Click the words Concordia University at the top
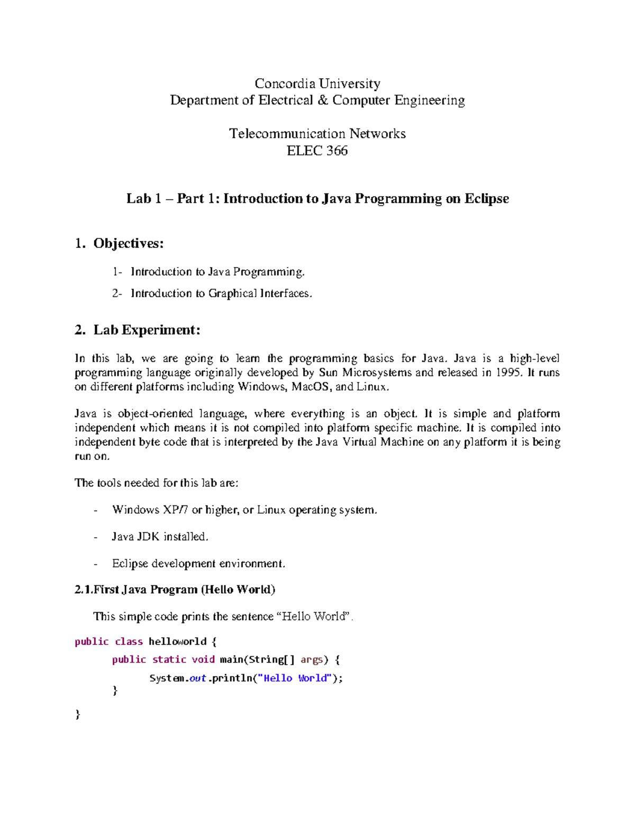[x=317, y=84]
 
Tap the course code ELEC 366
[x=317, y=151]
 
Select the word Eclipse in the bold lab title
[x=486, y=199]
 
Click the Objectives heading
[x=128, y=243]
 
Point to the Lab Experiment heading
[x=147, y=330]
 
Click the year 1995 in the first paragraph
[x=508, y=373]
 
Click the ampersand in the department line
[x=322, y=100]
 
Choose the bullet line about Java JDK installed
[x=160, y=537]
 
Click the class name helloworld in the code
[x=177, y=642]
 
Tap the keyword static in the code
[x=169, y=660]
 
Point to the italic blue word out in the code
[x=197, y=678]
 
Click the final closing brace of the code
[x=78, y=714]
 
